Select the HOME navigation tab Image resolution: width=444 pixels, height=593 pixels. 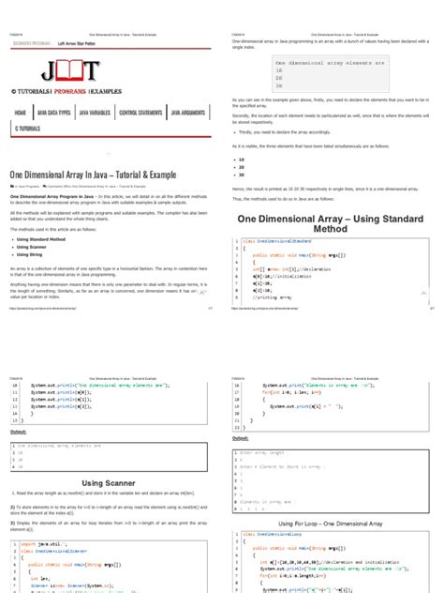pyautogui.click(x=21, y=112)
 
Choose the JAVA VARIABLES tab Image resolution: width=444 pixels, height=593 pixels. pyautogui.click(x=94, y=112)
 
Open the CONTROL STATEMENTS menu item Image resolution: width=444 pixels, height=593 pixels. pyautogui.click(x=140, y=112)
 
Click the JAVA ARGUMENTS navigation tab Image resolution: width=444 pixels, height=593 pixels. pyautogui.click(x=188, y=112)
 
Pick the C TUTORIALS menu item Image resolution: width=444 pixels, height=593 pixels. pyautogui.click(x=27, y=128)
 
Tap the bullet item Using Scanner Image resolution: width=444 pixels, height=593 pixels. pyautogui.click(x=36, y=248)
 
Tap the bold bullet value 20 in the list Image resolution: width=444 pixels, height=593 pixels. pyautogui.click(x=243, y=168)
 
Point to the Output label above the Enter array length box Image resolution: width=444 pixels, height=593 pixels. pyautogui.click(x=241, y=437)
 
